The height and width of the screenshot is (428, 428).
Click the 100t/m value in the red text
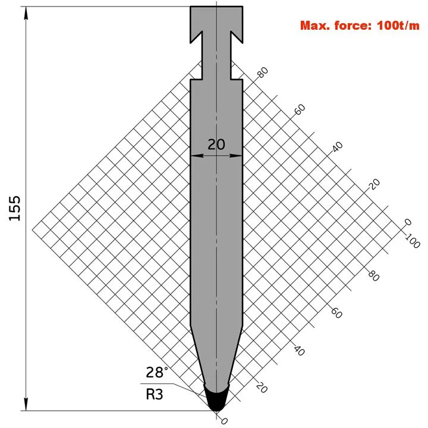click(398, 26)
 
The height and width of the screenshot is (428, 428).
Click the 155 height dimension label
click(15, 208)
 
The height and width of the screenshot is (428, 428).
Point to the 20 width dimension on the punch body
click(216, 144)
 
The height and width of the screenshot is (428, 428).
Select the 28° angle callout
click(157, 372)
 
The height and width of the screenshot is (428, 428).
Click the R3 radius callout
click(155, 395)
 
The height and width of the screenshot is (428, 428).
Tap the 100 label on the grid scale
click(412, 241)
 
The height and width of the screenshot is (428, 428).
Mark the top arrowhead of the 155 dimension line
click(26, 13)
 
